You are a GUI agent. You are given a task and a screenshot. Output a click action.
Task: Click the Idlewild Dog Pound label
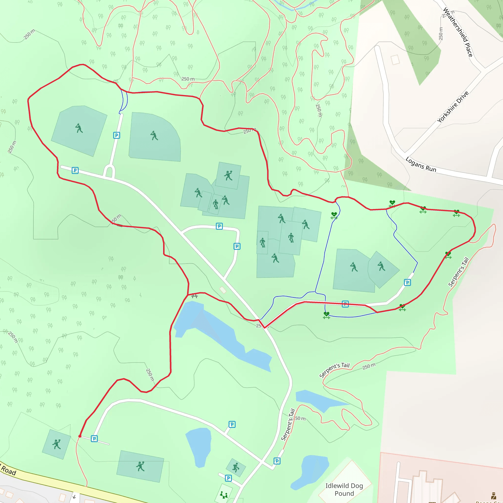pyautogui.click(x=344, y=489)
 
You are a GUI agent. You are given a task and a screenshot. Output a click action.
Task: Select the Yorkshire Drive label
pyautogui.click(x=453, y=107)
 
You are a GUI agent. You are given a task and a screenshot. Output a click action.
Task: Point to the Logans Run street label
pyautogui.click(x=421, y=165)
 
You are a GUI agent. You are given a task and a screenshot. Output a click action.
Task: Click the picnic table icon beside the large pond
pyautogui.click(x=195, y=296)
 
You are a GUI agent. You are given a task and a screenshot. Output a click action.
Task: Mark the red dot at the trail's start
pyautogui.click(x=80, y=436)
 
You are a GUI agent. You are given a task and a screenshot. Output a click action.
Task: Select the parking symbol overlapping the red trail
pyautogui.click(x=345, y=304)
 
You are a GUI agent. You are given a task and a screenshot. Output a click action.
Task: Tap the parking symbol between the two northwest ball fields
pyautogui.click(x=117, y=135)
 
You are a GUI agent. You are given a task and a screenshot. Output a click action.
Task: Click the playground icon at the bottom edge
pyautogui.click(x=224, y=494)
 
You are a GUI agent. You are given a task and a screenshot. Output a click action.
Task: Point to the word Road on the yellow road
pyautogui.click(x=9, y=471)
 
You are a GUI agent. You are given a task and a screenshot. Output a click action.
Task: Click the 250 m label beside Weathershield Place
pyautogui.click(x=441, y=34)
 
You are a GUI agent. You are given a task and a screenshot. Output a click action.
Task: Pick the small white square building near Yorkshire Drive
pyautogui.click(x=395, y=60)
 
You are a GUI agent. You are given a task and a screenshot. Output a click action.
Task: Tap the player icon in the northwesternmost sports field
pyautogui.click(x=79, y=128)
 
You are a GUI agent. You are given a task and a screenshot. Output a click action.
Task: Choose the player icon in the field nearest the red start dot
pyautogui.click(x=56, y=444)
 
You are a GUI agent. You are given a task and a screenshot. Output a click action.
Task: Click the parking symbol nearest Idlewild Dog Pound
pyautogui.click(x=277, y=461)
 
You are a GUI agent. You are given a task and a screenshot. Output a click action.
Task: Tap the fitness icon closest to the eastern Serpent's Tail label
pyautogui.click(x=448, y=255)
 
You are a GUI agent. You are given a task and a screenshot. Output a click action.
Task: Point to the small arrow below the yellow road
pyautogui.click(x=74, y=497)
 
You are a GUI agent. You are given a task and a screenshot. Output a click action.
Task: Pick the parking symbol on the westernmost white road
pyautogui.click(x=75, y=170)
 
